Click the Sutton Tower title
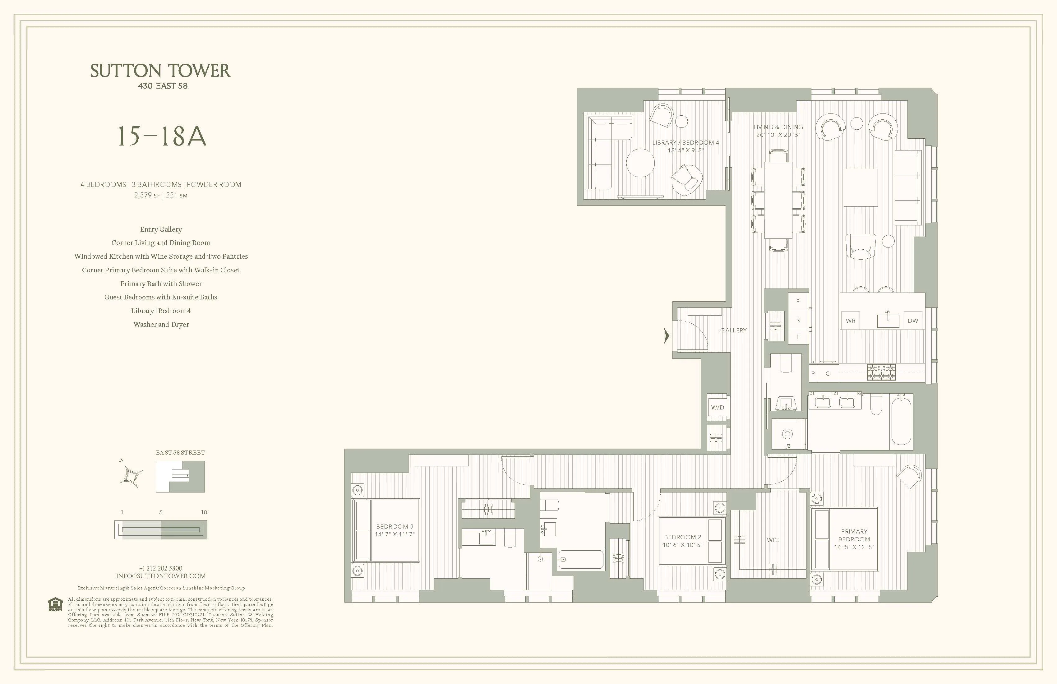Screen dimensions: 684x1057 point(160,71)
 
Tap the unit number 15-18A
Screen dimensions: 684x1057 point(161,136)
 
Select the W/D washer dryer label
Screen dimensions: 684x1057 point(717,407)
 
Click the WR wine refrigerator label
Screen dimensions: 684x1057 point(851,321)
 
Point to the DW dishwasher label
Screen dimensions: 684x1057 point(913,321)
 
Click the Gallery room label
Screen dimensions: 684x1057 point(733,330)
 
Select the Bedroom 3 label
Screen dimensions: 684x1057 point(395,527)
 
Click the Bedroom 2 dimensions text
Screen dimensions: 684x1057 point(683,545)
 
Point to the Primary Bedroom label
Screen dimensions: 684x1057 point(854,535)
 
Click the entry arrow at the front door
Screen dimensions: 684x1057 point(666,336)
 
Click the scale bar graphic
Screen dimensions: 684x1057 point(161,530)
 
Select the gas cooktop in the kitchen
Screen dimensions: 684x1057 point(882,372)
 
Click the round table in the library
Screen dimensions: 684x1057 point(640,163)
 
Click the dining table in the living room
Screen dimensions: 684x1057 point(778,200)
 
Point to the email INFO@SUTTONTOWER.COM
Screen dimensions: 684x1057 point(161,576)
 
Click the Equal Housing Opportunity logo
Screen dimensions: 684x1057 point(55,604)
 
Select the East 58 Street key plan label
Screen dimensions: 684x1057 point(180,453)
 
